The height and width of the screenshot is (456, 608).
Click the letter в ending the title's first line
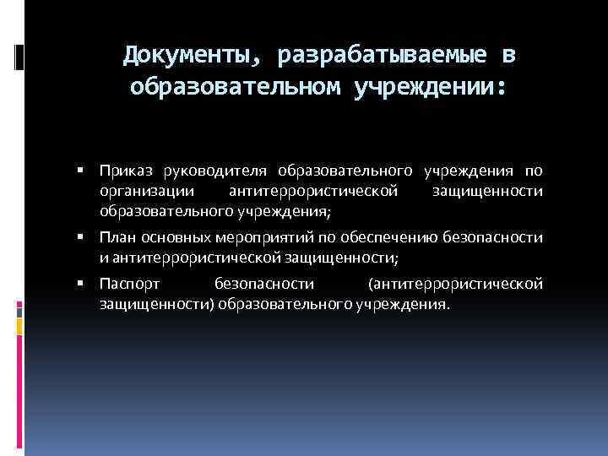[507, 57]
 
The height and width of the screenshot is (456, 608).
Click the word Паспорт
[125, 285]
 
